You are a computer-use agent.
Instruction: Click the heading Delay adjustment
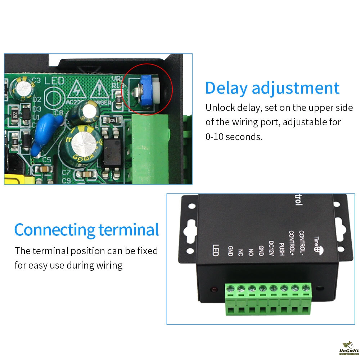coord(272,88)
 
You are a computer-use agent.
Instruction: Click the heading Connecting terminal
coord(86,230)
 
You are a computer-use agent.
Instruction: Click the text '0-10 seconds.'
coord(234,137)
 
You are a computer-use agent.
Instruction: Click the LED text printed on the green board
coord(54,81)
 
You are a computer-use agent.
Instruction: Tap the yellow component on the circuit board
coord(18,179)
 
